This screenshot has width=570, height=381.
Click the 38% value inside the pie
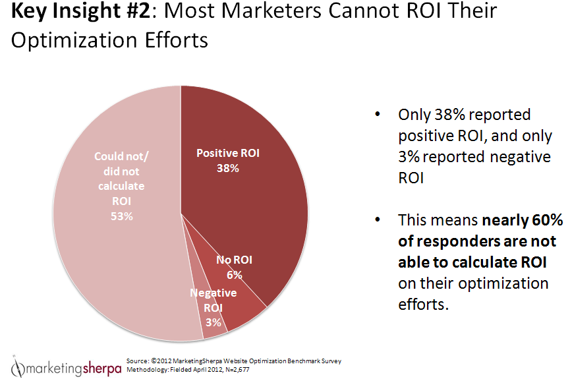click(x=228, y=168)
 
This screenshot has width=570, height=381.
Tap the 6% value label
click(x=234, y=275)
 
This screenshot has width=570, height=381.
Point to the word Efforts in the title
click(x=171, y=40)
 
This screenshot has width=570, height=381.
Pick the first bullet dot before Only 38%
click(x=378, y=115)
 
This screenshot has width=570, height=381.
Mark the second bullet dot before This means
click(x=378, y=220)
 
